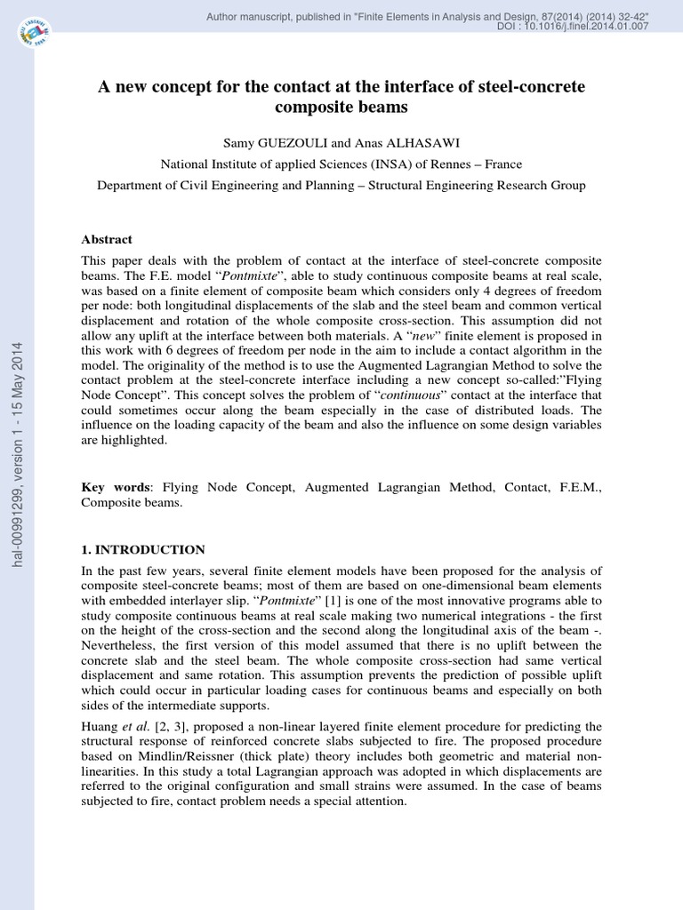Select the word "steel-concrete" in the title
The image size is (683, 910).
tap(534, 87)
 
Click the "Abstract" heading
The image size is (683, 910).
tap(107, 240)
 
